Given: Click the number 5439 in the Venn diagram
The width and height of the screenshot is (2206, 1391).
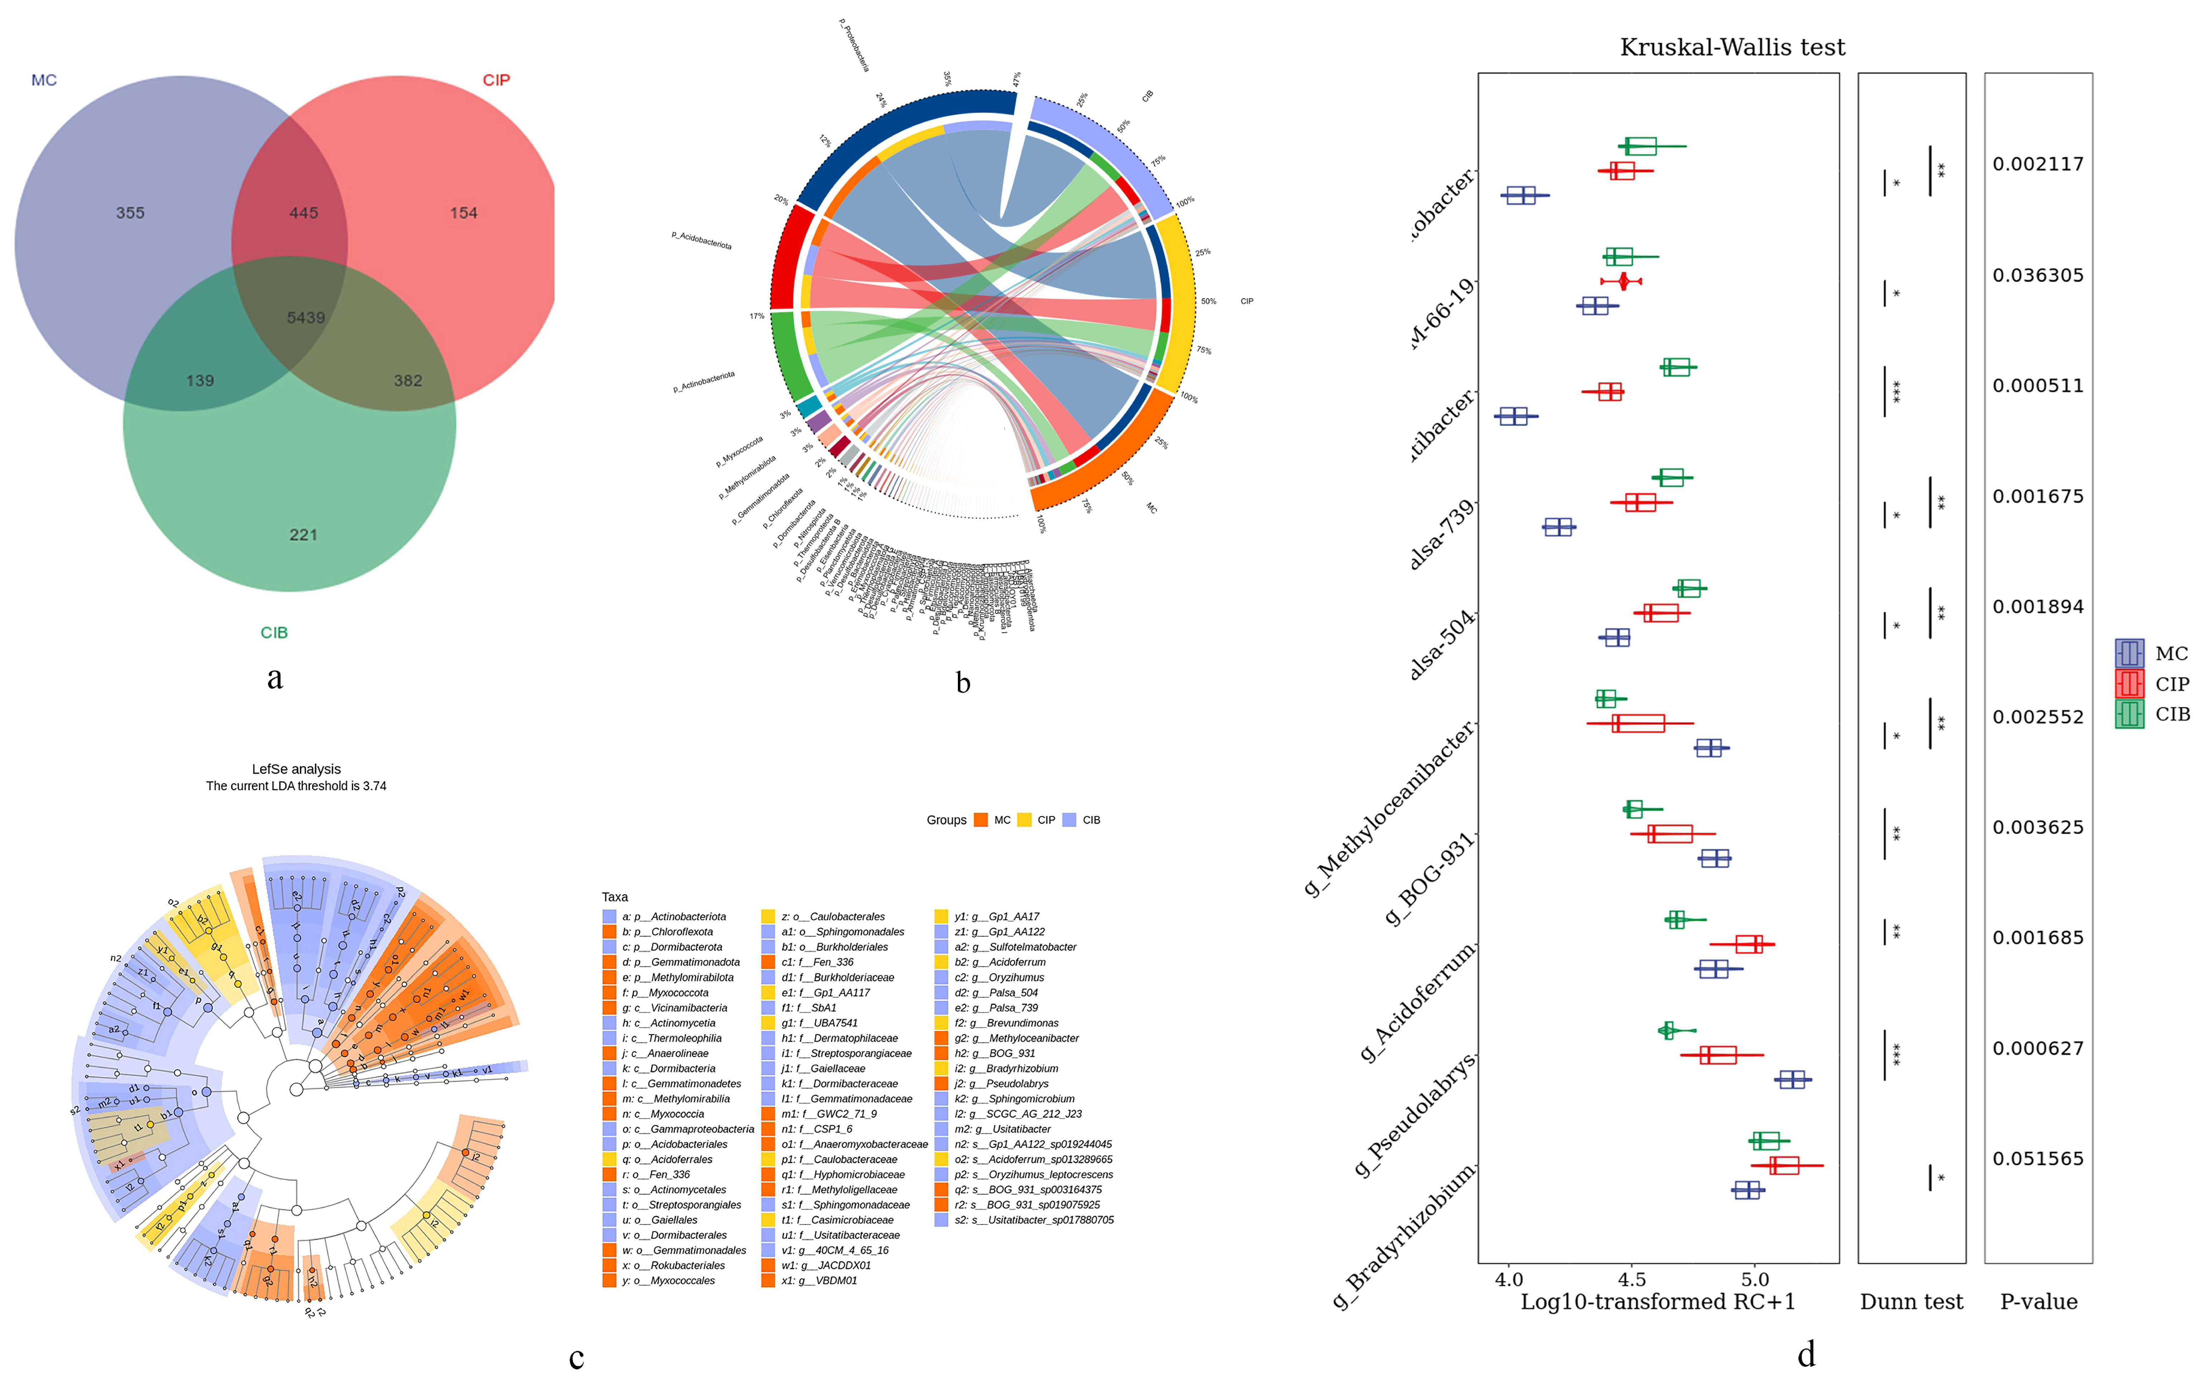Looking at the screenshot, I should coord(306,318).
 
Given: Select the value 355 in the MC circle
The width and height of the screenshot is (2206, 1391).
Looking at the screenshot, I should coord(130,212).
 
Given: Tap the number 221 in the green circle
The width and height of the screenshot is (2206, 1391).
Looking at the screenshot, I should coord(303,535).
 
